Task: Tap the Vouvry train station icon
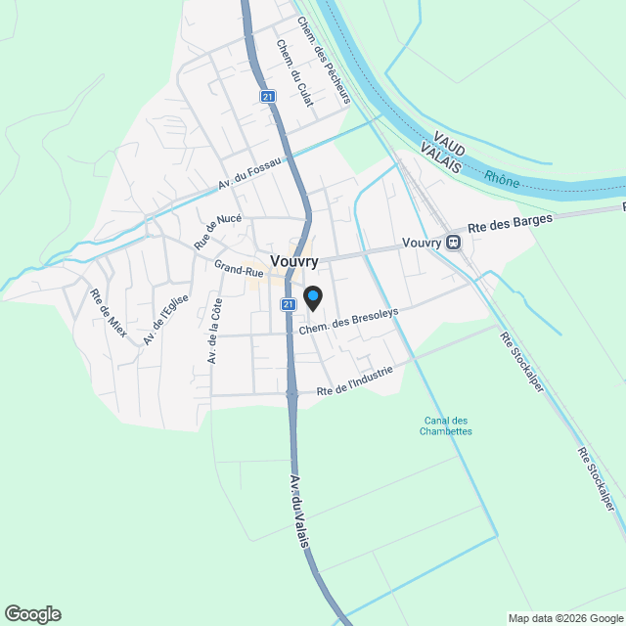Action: [453, 242]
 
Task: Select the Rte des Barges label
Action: [510, 221]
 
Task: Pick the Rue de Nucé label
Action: [217, 231]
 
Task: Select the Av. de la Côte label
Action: [214, 332]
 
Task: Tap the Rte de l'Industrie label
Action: [354, 381]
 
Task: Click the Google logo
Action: [32, 614]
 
